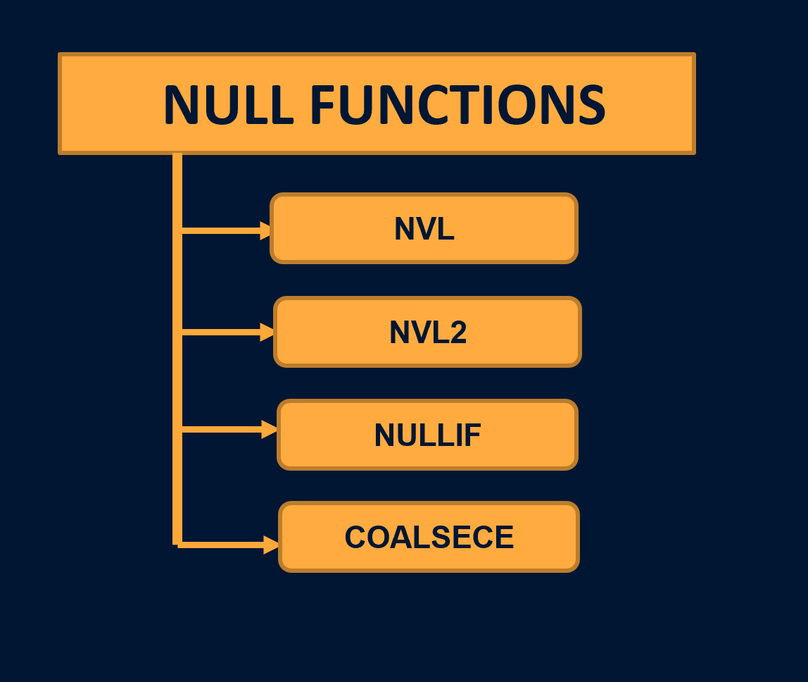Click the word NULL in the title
(227, 105)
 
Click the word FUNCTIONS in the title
(457, 105)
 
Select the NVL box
(424, 228)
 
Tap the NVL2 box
(427, 332)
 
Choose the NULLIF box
(427, 435)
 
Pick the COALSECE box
(429, 538)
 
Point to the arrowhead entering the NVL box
(266, 230)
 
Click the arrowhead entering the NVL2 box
(267, 332)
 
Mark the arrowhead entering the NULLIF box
(270, 429)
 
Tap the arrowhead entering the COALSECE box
(272, 545)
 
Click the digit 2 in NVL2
(457, 333)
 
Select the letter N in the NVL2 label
(400, 333)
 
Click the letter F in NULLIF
(472, 435)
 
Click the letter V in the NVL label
(425, 229)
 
